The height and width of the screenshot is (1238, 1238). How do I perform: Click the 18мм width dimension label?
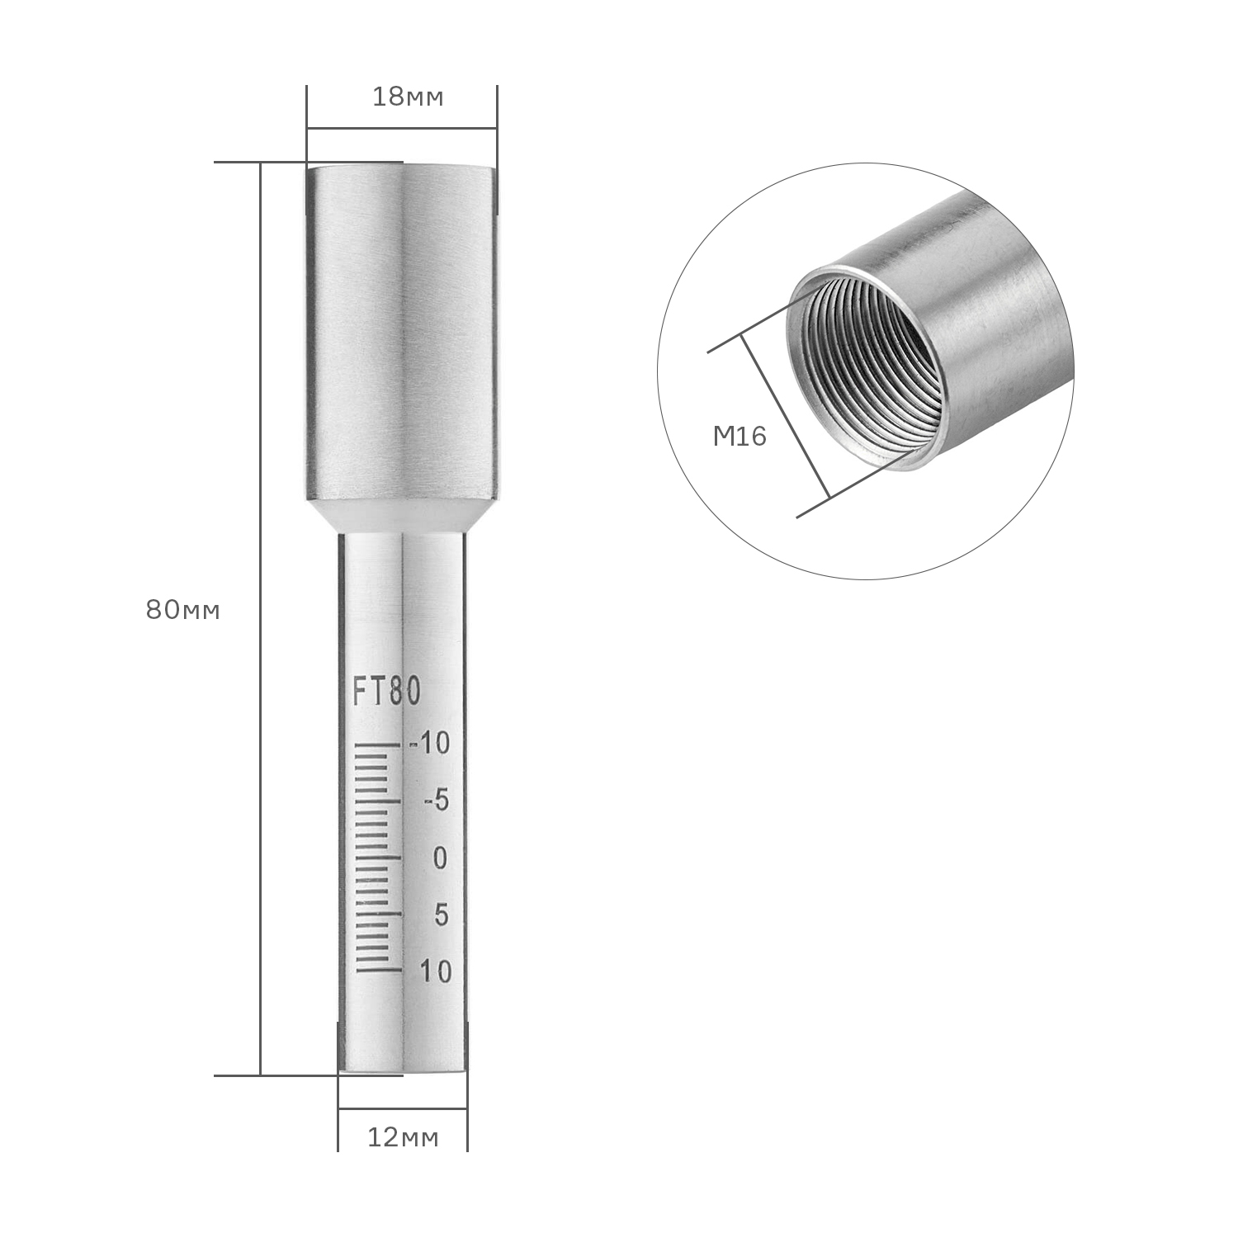(408, 97)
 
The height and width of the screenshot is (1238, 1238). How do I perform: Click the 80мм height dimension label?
(183, 611)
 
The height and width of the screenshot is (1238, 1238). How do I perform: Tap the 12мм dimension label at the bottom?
(403, 1138)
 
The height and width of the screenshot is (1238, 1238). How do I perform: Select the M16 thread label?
(739, 437)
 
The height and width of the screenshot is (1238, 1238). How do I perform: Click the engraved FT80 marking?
(387, 692)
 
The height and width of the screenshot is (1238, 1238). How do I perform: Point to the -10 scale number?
(431, 744)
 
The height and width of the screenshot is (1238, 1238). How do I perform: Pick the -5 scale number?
(435, 801)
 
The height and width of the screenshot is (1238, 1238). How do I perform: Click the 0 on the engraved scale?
(439, 858)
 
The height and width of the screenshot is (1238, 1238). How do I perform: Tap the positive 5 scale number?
(440, 915)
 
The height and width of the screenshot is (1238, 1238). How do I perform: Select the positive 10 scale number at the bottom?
(436, 971)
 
